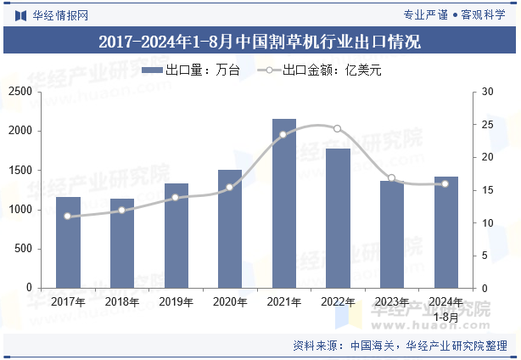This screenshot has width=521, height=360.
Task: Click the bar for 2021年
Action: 284,204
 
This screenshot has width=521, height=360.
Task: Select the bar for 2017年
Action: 68,243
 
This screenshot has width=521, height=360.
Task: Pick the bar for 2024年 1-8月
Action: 446,233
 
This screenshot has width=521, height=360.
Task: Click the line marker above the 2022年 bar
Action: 338,128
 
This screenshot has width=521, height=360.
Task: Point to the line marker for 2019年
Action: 176,197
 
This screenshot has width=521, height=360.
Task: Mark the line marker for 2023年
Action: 392,178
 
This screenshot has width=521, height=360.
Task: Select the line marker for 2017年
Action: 68,217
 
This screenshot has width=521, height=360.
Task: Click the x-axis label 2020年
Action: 230,301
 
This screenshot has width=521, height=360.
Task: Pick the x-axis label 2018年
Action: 122,301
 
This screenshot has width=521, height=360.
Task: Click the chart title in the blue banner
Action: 260,42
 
